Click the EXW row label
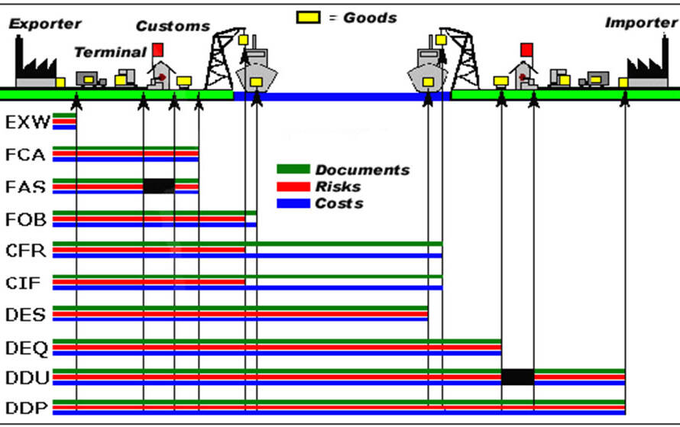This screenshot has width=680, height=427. pos(28,122)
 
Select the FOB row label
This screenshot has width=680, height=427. pos(25,220)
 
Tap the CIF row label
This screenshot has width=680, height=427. pos(23,283)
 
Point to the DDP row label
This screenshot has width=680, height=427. pos(27,408)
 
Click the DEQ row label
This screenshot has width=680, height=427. pos(27,348)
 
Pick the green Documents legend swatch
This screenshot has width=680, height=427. pos(293,169)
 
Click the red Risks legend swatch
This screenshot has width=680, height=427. pos(293,186)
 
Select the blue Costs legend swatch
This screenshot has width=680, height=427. pos(293,203)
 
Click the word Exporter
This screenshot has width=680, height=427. pos(45,24)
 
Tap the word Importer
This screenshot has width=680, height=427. pos(641,23)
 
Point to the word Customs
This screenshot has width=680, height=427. pos(173,26)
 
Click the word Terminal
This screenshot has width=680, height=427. pos(111,53)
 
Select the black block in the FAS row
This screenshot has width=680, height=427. pos(159,186)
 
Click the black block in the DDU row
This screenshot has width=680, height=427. pos(518,377)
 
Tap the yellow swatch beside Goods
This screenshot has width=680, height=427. pos(309,18)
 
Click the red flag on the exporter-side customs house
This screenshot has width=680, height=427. pos(158,50)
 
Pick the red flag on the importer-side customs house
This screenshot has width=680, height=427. pos(527,50)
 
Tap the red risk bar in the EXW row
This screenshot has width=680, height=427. pos(64,121)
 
